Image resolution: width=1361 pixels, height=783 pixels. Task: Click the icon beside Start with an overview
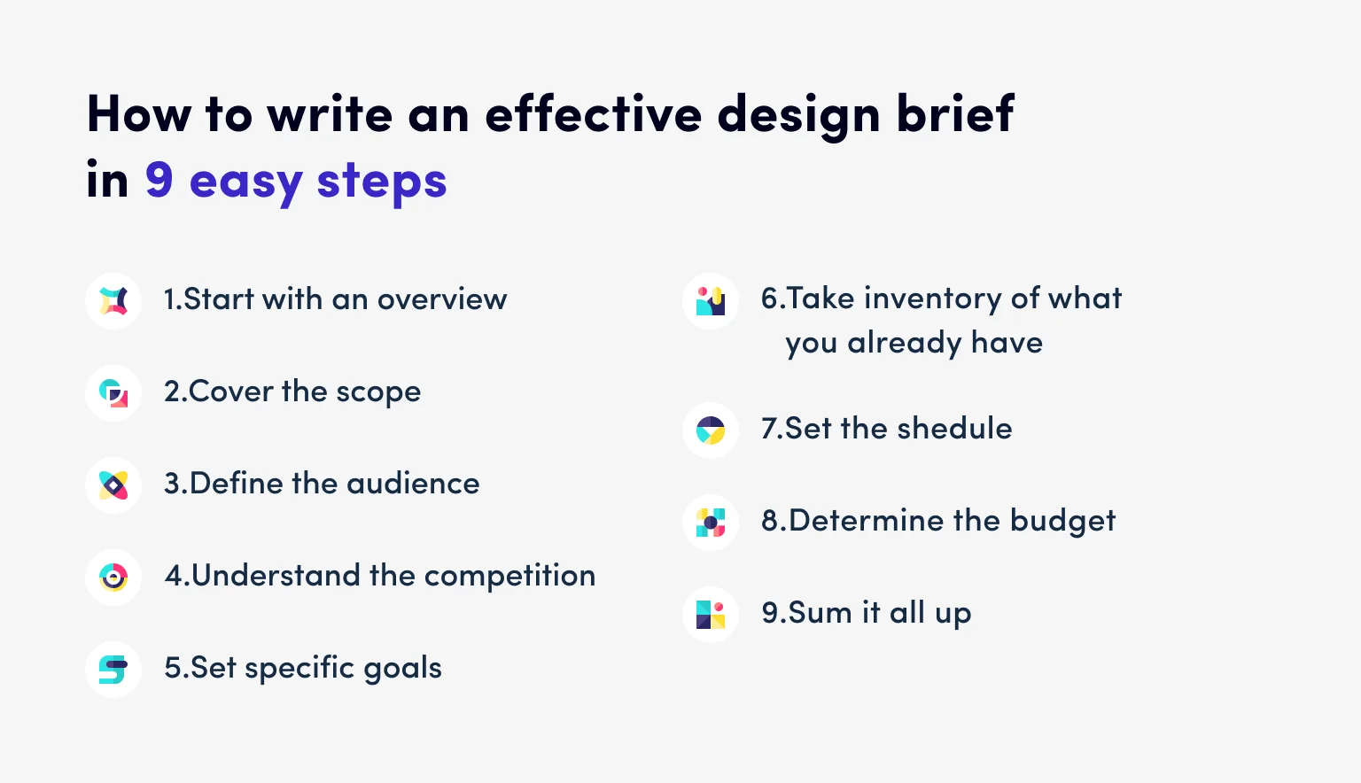113,301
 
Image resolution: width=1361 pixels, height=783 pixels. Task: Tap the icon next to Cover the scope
113,393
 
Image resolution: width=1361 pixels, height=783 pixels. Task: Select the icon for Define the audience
113,485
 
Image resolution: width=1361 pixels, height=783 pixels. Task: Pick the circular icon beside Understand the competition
113,578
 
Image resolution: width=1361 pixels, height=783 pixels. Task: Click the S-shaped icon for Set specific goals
113,670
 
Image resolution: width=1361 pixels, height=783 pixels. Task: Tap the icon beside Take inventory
711,301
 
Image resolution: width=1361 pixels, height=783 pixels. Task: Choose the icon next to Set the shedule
711,430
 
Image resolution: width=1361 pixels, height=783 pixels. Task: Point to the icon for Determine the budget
711,523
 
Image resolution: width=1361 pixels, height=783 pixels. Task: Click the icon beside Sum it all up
711,615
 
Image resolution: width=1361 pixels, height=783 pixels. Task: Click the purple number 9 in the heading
159,180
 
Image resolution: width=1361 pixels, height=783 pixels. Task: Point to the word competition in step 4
509,577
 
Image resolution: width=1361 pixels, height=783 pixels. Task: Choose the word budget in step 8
1062,521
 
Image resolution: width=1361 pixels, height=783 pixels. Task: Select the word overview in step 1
442,299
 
